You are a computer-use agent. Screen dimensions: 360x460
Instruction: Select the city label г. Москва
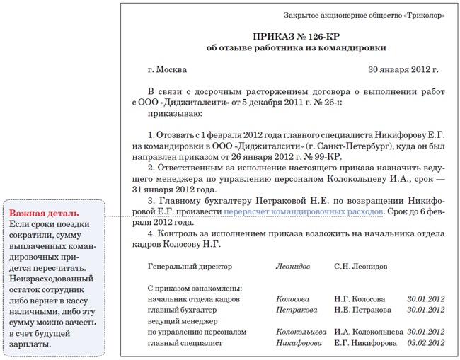pos(168,70)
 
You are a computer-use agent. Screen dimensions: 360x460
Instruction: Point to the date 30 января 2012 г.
pos(403,70)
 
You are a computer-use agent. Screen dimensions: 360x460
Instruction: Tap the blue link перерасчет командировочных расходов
pos(304,211)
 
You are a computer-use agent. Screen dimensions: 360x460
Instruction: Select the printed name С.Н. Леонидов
pos(360,267)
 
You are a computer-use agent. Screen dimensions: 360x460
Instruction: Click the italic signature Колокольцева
pos(301,332)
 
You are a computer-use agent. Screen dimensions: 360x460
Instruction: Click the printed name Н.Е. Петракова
pos(362,310)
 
